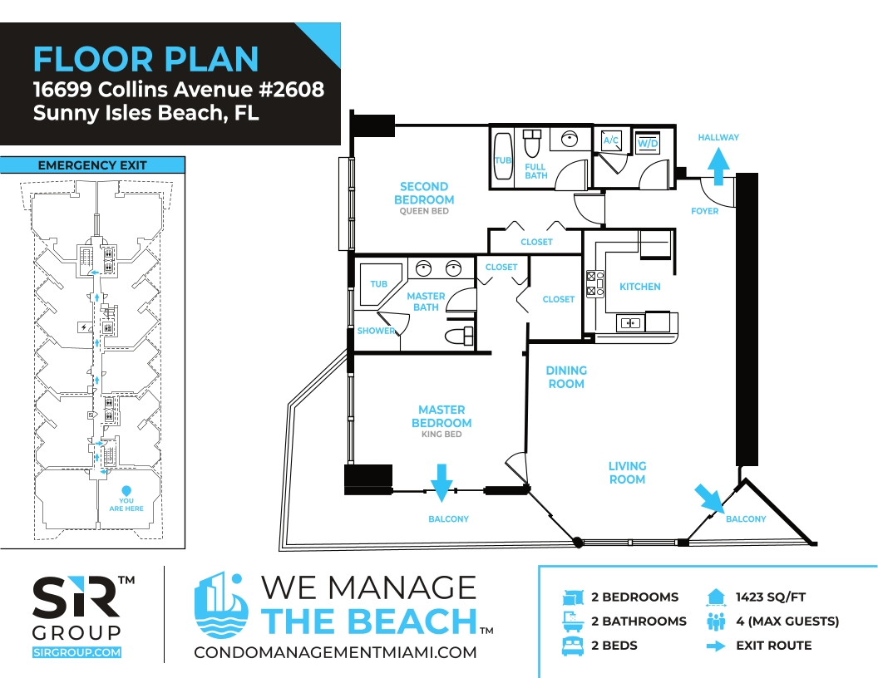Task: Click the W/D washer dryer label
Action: (648, 143)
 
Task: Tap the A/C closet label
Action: (611, 140)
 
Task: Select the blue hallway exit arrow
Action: (718, 165)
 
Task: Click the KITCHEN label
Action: (640, 287)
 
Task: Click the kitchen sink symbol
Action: (630, 322)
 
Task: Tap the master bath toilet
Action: (459, 336)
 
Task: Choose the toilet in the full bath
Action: (532, 143)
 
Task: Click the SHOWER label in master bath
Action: (376, 331)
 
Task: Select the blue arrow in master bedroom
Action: (441, 482)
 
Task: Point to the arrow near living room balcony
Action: (709, 498)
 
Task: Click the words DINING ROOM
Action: (566, 377)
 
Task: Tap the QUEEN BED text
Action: (424, 211)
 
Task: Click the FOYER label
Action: (704, 211)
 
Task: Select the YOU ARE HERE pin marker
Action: (126, 490)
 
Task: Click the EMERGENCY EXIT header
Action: (92, 165)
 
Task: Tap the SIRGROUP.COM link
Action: (76, 652)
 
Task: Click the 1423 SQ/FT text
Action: (771, 597)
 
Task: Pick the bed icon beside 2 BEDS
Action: (572, 646)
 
